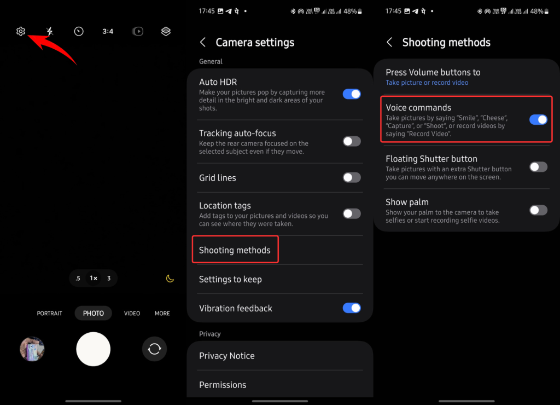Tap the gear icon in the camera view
(x=21, y=32)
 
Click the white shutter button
(x=94, y=349)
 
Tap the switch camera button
(x=154, y=349)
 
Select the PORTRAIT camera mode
(x=50, y=314)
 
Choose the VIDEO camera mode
(x=132, y=314)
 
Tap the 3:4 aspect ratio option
(x=108, y=32)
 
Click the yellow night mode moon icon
(x=170, y=279)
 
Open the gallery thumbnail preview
(x=32, y=349)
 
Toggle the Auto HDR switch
(x=352, y=94)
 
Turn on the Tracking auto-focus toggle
(x=352, y=141)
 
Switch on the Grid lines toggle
(x=352, y=177)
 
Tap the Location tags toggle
(x=352, y=213)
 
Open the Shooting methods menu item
(x=235, y=250)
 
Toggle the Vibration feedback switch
(x=352, y=308)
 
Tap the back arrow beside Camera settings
(x=203, y=42)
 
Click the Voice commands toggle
(x=538, y=119)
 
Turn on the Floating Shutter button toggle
(x=538, y=167)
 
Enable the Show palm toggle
(x=538, y=210)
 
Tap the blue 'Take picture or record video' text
(x=427, y=83)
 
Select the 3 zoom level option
(x=109, y=279)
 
